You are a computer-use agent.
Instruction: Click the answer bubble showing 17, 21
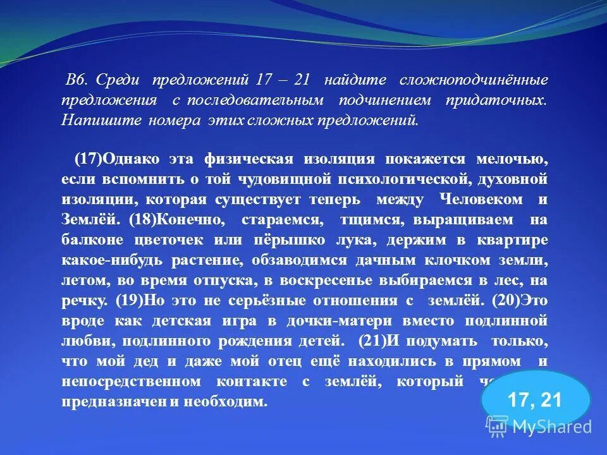[536, 399]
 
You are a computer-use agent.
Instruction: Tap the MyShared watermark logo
[539, 427]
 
